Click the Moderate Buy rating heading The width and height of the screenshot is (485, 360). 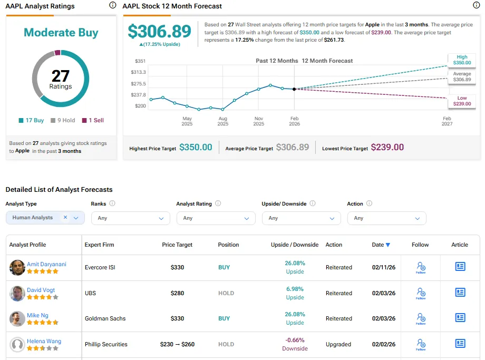(61, 33)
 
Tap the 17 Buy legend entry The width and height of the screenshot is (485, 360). (31, 120)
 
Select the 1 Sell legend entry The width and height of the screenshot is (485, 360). (93, 120)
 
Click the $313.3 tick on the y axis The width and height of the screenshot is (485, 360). (138, 72)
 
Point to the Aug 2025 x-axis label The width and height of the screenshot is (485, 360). (222, 121)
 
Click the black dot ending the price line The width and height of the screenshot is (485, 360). (295, 89)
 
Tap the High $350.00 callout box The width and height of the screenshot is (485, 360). (462, 60)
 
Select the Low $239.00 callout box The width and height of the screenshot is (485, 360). (462, 101)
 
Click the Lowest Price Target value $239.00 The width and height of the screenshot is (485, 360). (387, 147)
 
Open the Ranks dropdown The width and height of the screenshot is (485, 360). (131, 218)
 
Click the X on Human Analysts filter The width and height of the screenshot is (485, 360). (65, 217)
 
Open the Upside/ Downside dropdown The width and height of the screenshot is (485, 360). (301, 218)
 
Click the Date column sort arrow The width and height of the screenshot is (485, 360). (388, 245)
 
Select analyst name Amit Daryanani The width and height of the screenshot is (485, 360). (46, 264)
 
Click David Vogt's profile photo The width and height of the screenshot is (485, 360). (17, 293)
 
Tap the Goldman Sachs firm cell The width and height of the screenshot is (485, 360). (105, 318)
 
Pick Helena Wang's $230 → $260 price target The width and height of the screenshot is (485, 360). (177, 344)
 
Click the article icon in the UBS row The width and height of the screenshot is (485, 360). (460, 292)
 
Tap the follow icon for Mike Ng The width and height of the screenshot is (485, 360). (421, 318)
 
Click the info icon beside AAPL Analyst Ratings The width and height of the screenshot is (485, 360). (113, 5)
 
